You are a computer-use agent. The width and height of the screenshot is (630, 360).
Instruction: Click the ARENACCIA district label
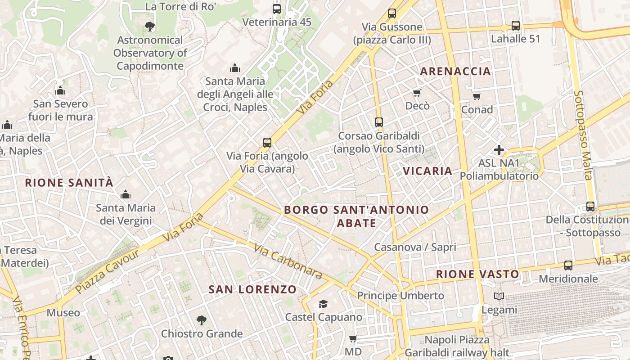pyautogui.click(x=455, y=71)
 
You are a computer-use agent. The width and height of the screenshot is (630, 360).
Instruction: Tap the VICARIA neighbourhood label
pyautogui.click(x=427, y=171)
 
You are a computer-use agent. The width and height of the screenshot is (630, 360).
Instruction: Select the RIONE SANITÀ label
pyautogui.click(x=69, y=183)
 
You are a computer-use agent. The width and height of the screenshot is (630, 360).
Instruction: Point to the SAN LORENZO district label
pyautogui.click(x=252, y=289)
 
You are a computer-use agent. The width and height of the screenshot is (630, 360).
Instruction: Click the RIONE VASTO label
pyautogui.click(x=477, y=274)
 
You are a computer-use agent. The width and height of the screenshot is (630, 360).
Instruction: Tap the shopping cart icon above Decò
pyautogui.click(x=417, y=93)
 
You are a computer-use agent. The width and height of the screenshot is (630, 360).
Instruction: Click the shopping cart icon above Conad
pyautogui.click(x=477, y=96)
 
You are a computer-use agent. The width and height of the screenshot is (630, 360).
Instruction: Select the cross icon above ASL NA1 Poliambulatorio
pyautogui.click(x=499, y=150)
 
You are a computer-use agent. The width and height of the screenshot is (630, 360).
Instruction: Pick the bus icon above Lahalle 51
pyautogui.click(x=515, y=26)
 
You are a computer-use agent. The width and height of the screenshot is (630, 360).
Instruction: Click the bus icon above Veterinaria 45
pyautogui.click(x=277, y=9)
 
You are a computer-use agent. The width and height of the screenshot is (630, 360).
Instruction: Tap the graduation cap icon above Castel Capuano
pyautogui.click(x=323, y=304)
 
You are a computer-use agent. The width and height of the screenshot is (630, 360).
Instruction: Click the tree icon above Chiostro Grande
pyautogui.click(x=202, y=320)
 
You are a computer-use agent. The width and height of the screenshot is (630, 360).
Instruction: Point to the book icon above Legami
pyautogui.click(x=499, y=297)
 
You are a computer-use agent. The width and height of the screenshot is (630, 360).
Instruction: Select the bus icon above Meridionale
pyautogui.click(x=568, y=265)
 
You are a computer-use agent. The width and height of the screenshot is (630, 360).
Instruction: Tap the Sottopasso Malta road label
pyautogui.click(x=583, y=135)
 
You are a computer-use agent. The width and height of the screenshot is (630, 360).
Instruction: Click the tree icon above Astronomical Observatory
pyautogui.click(x=150, y=27)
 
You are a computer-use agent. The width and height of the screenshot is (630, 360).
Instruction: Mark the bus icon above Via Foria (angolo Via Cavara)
pyautogui.click(x=267, y=143)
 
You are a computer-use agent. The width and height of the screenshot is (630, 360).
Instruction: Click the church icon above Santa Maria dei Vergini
pyautogui.click(x=125, y=194)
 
